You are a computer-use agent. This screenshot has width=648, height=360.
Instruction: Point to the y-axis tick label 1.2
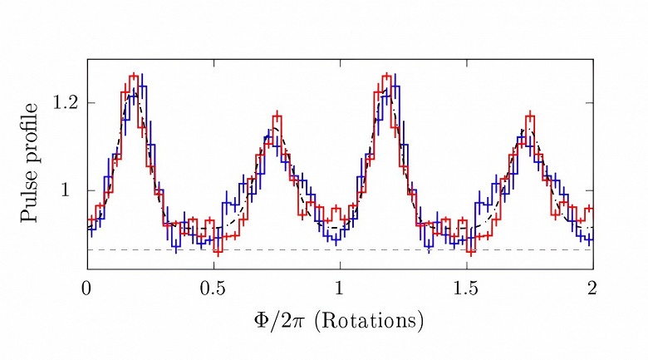click(x=64, y=103)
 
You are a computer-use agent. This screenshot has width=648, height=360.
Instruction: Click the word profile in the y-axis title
click(x=31, y=134)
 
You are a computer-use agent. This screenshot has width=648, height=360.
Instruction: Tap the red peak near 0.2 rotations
click(x=134, y=76)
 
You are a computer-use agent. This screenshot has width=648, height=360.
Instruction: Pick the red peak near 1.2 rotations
click(x=386, y=76)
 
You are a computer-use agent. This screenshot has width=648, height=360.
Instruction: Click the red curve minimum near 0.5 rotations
click(x=218, y=251)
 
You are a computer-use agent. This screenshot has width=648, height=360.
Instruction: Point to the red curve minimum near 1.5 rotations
click(x=470, y=251)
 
